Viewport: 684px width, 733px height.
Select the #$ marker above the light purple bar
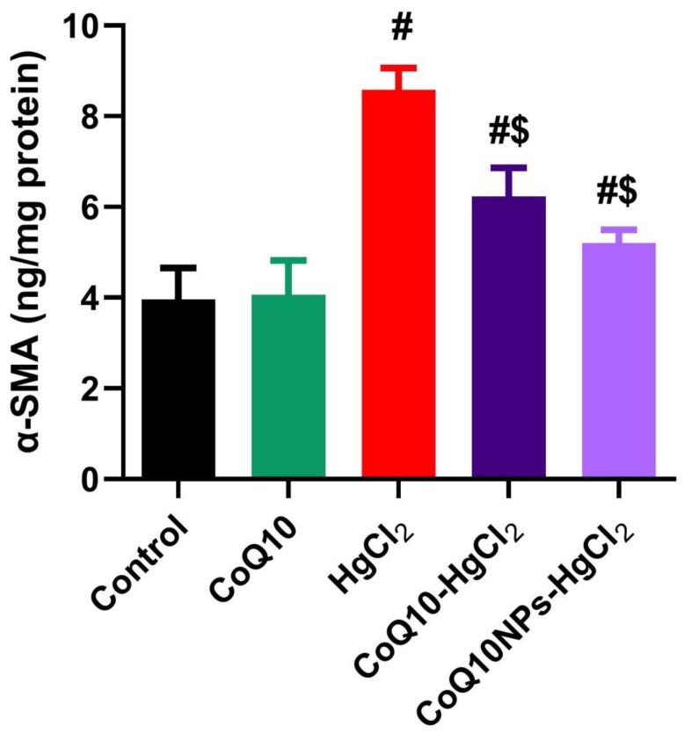pos(619,190)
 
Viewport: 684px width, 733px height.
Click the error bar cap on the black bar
pos(178,266)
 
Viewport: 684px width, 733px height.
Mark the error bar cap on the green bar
pos(288,260)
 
